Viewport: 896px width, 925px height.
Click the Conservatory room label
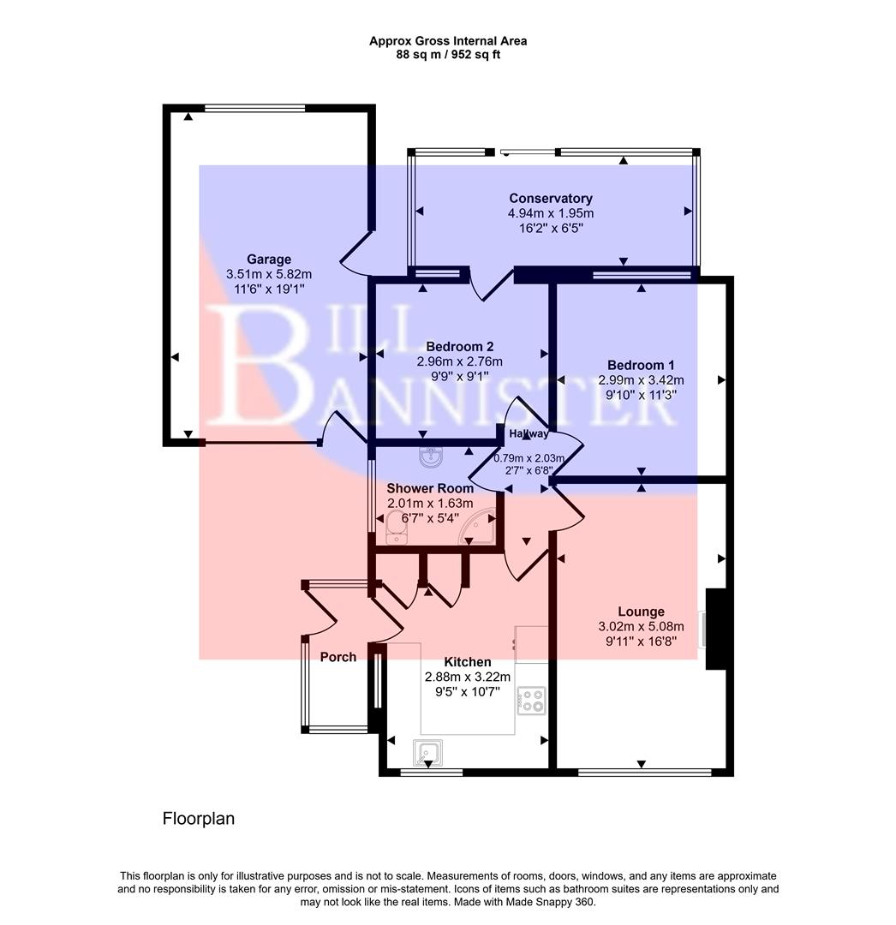tap(550, 199)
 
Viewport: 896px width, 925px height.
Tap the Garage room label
tap(269, 260)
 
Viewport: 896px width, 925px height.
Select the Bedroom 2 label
tap(460, 347)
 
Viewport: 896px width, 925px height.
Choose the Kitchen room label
tap(468, 662)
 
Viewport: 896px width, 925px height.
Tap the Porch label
tap(337, 657)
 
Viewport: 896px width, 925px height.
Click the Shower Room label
tap(430, 488)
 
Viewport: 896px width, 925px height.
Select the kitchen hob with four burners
tap(532, 701)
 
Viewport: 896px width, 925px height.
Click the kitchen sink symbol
tap(428, 753)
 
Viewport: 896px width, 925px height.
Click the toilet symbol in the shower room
tap(396, 527)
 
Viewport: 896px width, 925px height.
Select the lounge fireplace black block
tap(716, 629)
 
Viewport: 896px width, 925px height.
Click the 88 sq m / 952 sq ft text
tap(447, 55)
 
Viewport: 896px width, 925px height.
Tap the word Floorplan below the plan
tap(198, 819)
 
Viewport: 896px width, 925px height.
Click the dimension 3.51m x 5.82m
tap(269, 274)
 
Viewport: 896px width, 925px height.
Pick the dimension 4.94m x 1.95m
tap(550, 213)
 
